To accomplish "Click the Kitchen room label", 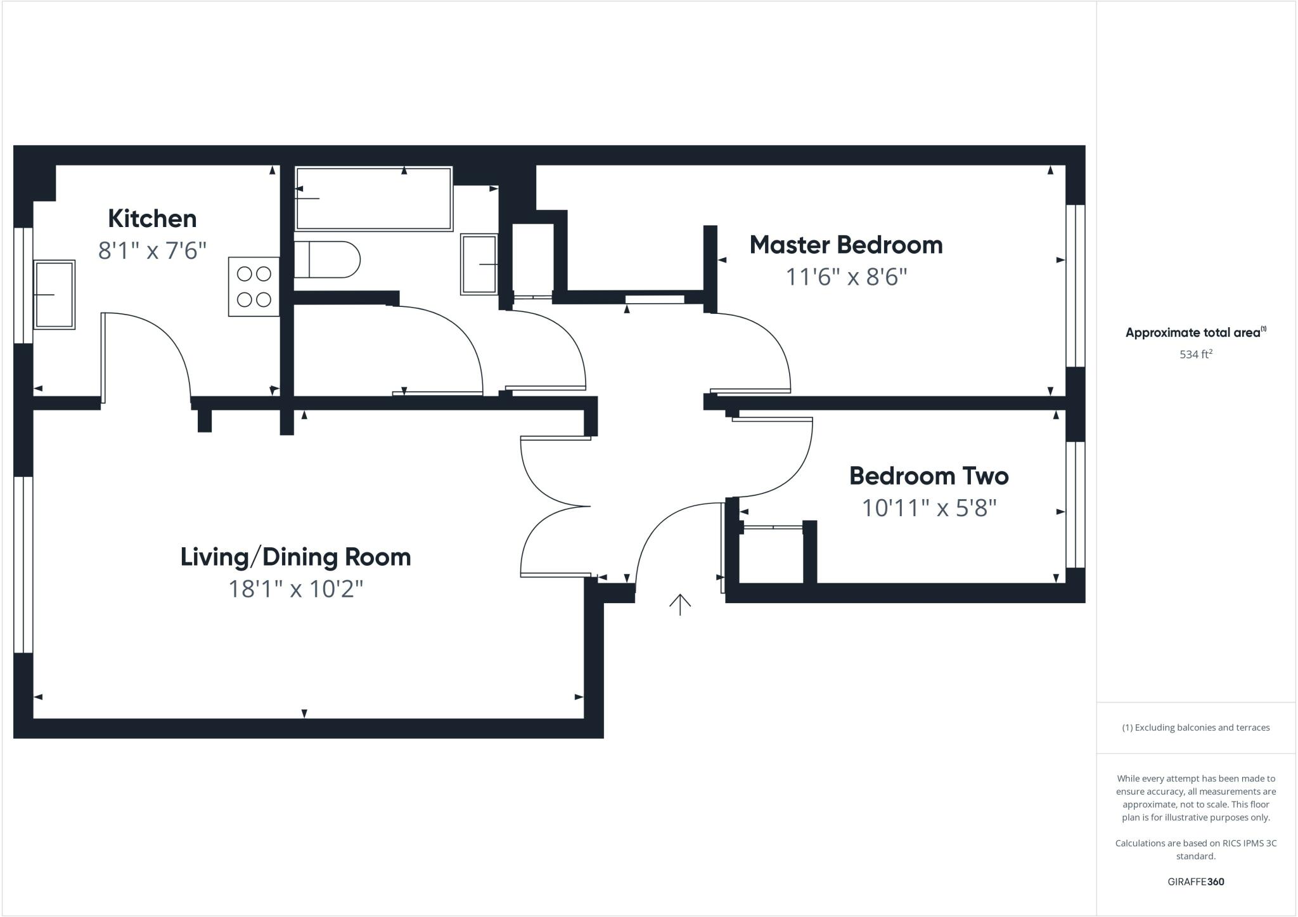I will point(152,219).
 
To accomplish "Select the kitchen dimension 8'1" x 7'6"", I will point(152,251).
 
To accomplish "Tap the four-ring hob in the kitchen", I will point(254,287).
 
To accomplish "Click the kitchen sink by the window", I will point(54,294).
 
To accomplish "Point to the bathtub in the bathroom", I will point(373,198).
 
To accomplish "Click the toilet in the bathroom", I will point(326,259).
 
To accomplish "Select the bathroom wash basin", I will point(479,264).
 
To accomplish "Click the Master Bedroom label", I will point(845,245).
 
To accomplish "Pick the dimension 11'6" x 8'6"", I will point(846,277).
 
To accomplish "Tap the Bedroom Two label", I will point(929,476).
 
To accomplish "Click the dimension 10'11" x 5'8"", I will point(929,508).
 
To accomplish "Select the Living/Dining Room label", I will point(295,557).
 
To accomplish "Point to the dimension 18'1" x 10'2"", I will point(295,589).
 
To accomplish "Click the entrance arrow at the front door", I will point(679,604).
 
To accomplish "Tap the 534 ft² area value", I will point(1195,354).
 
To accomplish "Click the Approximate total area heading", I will point(1195,332).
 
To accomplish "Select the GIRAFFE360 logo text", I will point(1195,881).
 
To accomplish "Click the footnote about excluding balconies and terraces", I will point(1195,727).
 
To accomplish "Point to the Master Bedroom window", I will point(1075,285).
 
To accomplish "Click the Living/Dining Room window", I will point(23,564).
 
